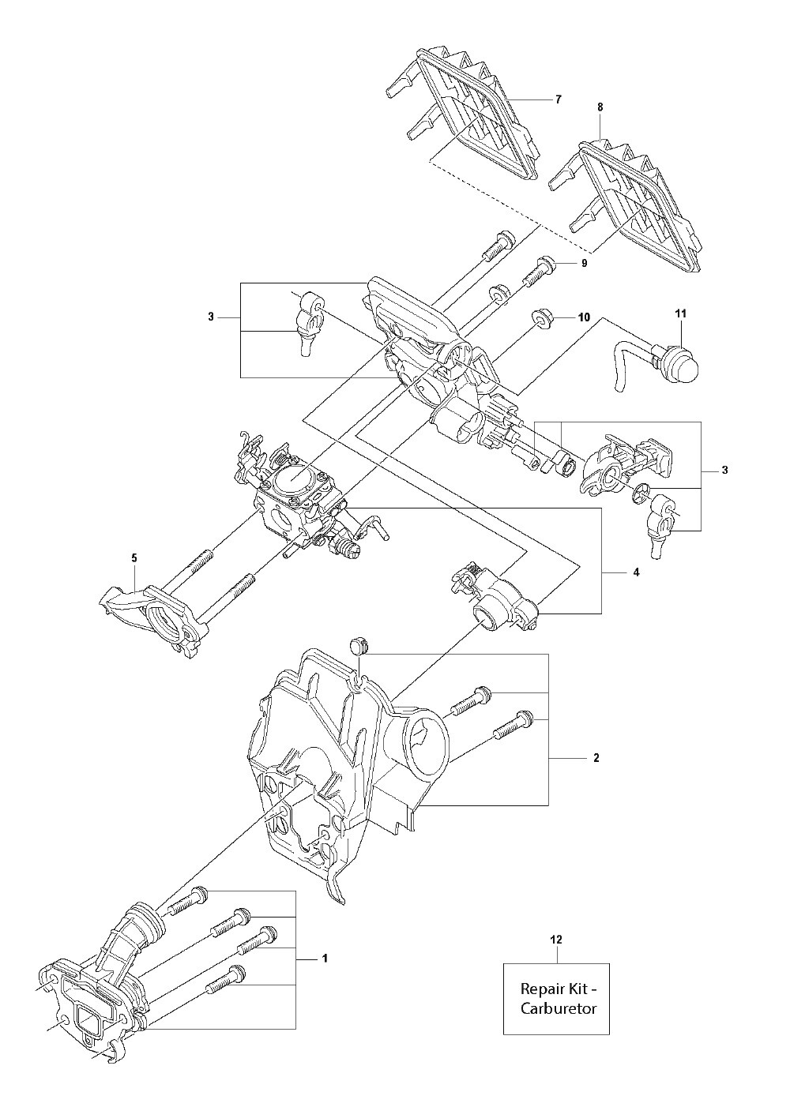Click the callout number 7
click(559, 99)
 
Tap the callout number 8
click(600, 107)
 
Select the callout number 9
click(585, 264)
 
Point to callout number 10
click(584, 317)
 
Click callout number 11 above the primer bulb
click(681, 313)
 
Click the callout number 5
click(134, 558)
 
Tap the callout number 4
click(636, 572)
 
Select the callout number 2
click(596, 758)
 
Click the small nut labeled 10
click(542, 319)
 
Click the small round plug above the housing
click(357, 644)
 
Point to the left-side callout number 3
click(211, 317)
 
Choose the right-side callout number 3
click(724, 471)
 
